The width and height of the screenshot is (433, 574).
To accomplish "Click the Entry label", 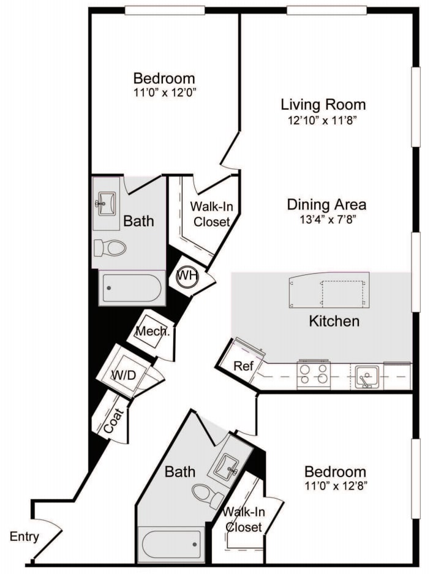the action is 24,537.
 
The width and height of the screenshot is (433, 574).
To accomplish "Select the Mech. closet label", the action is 152,331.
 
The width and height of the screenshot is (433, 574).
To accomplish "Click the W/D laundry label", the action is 123,375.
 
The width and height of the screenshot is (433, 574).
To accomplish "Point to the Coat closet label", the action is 114,421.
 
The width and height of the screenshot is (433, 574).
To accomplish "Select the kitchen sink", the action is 367,376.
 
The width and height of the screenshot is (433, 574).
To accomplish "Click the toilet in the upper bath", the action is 110,248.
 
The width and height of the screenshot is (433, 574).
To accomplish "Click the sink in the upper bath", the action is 106,203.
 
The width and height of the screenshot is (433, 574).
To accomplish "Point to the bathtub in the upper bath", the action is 132,288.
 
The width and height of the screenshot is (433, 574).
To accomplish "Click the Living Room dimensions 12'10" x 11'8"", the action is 323,120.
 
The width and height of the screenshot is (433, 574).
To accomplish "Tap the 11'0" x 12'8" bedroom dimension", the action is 336,486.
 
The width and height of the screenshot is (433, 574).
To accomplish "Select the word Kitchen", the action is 334,321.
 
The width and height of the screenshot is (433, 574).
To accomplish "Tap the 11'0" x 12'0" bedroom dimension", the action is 165,93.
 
